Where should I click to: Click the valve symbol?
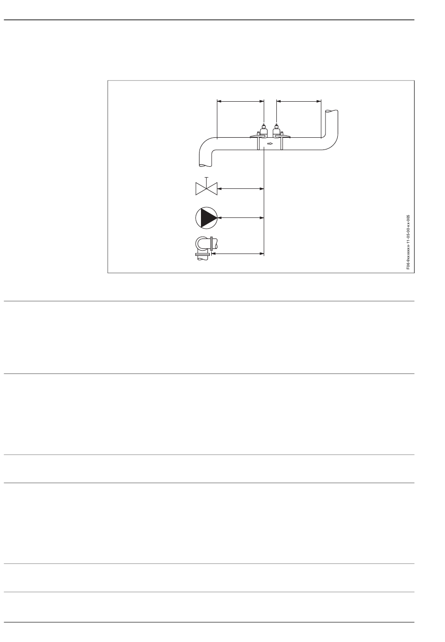[x=207, y=188]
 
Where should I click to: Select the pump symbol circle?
[x=206, y=217]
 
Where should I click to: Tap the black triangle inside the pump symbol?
[x=207, y=217]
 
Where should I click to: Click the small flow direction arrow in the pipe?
[x=270, y=143]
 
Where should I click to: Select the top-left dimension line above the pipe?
[x=241, y=100]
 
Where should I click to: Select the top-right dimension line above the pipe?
[x=299, y=100]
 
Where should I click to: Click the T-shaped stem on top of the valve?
[x=207, y=180]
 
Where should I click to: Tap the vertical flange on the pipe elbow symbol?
[x=215, y=243]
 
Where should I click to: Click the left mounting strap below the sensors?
[x=258, y=143]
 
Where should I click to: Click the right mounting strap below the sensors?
[x=282, y=143]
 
